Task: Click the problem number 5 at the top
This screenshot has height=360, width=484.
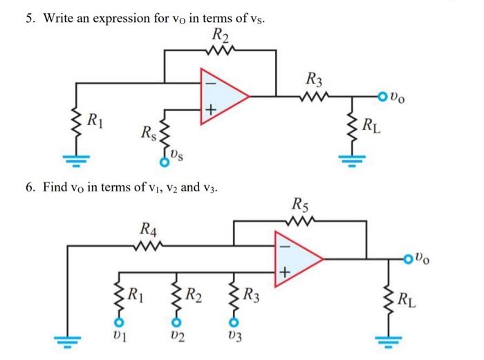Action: [30, 19]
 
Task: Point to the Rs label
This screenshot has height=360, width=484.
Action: [147, 131]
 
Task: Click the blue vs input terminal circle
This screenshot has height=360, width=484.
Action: [164, 163]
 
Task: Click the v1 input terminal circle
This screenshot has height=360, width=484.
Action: [118, 322]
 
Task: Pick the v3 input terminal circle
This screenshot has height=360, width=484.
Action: [234, 322]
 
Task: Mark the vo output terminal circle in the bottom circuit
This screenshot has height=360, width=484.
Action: [412, 260]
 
